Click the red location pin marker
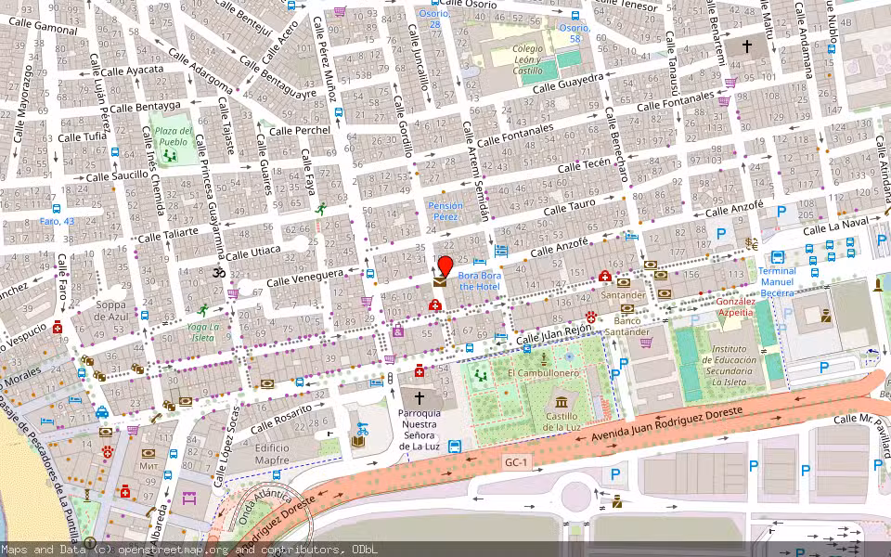point(445,266)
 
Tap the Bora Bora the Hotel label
point(479,281)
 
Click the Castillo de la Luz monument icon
point(561,401)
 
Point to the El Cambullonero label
point(543,373)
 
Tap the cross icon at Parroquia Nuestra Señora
point(420,396)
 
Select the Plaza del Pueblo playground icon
point(170,155)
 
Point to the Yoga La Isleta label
point(202,331)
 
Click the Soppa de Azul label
point(110,310)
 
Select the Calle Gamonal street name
point(43,28)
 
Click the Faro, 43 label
point(57,221)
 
